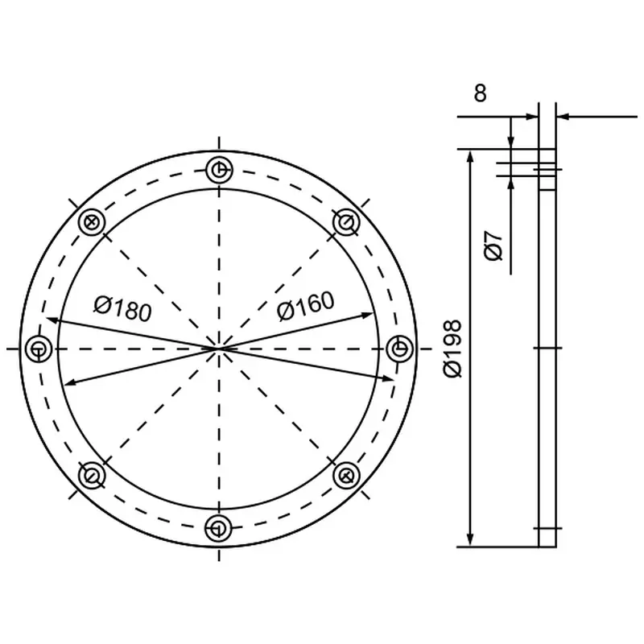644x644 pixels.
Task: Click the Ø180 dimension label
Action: point(123,309)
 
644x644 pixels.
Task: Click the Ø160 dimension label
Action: point(306,306)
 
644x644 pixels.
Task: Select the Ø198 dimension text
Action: point(453,349)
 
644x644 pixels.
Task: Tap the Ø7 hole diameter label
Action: point(493,246)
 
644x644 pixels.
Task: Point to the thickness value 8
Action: point(480,93)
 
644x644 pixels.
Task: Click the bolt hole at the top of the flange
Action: point(219,169)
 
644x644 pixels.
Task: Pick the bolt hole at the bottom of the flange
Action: point(219,527)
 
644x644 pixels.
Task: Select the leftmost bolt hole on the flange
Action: point(39,349)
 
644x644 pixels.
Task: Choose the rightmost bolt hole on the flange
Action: point(399,349)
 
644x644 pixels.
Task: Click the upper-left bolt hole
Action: point(92,222)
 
